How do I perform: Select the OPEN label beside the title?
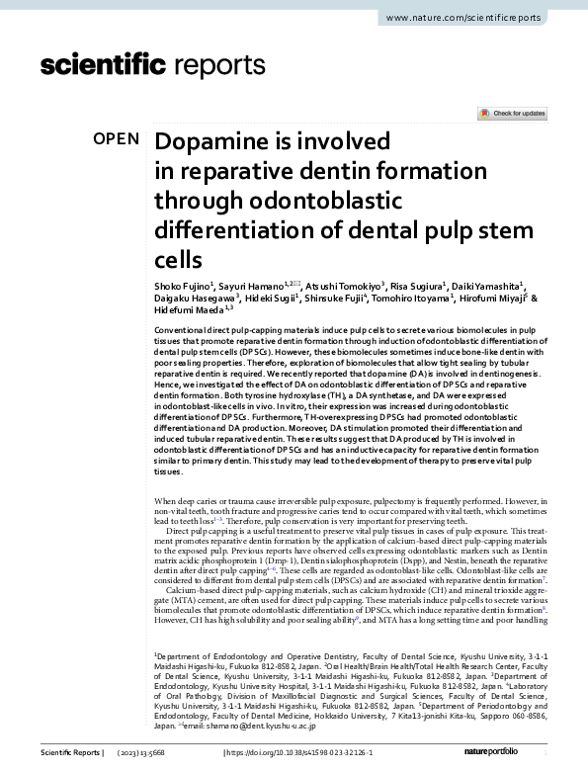pos(116,139)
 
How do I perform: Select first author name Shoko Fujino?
pos(182,285)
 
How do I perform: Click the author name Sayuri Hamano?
pos(248,285)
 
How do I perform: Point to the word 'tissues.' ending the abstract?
pos(169,472)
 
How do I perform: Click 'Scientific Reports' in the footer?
pos(69,753)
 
